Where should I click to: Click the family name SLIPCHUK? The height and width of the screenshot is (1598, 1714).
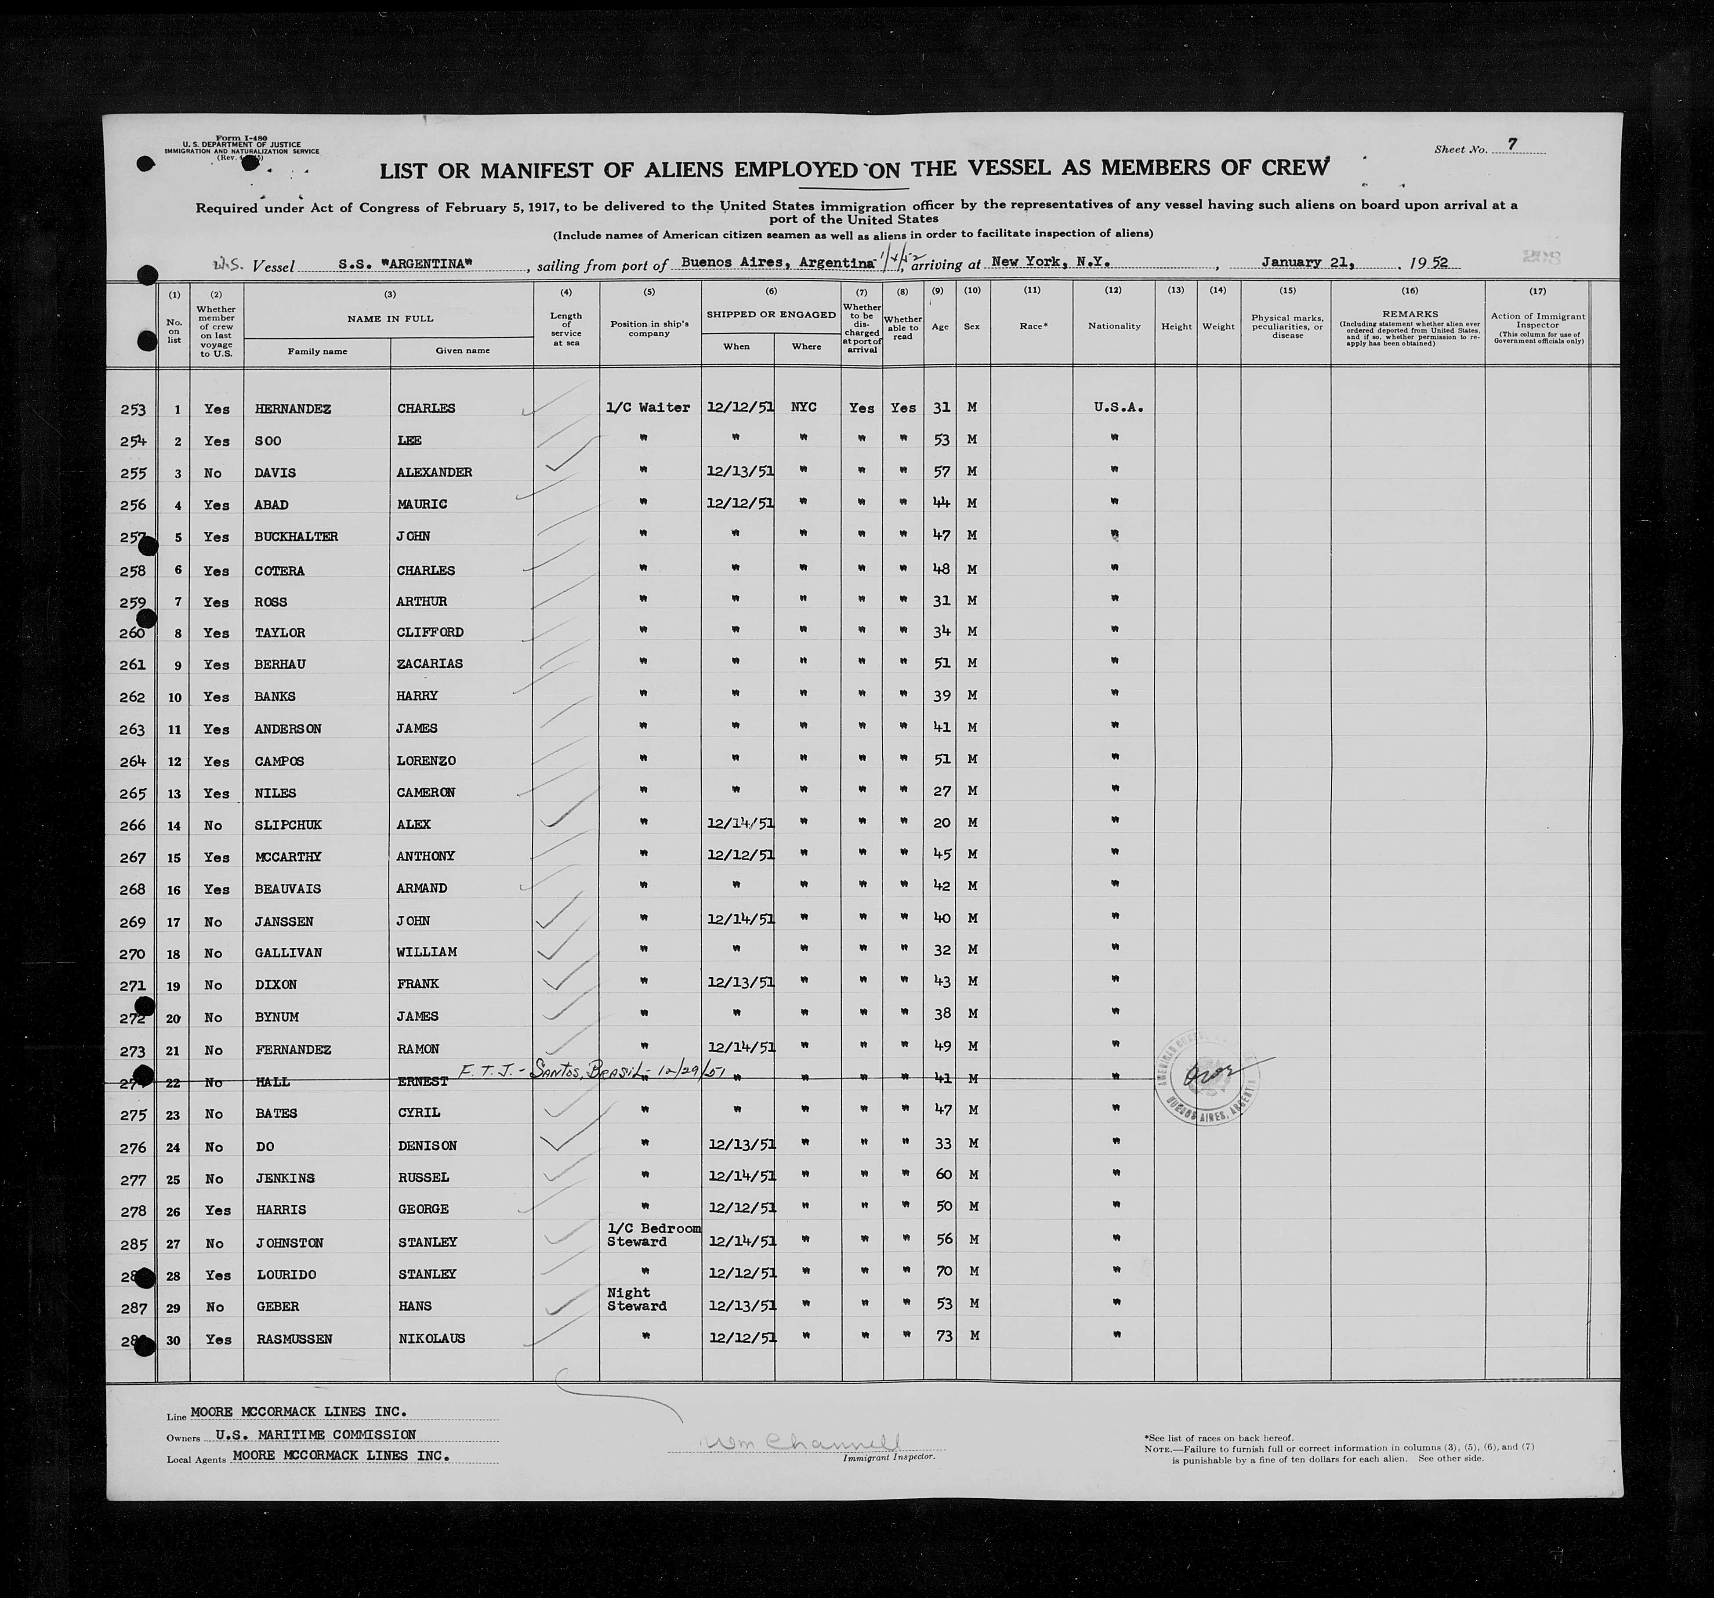pyautogui.click(x=288, y=824)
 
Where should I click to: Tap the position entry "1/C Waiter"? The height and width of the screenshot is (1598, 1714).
pyautogui.click(x=649, y=407)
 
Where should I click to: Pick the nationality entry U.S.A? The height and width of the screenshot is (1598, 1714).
pyautogui.click(x=1118, y=407)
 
